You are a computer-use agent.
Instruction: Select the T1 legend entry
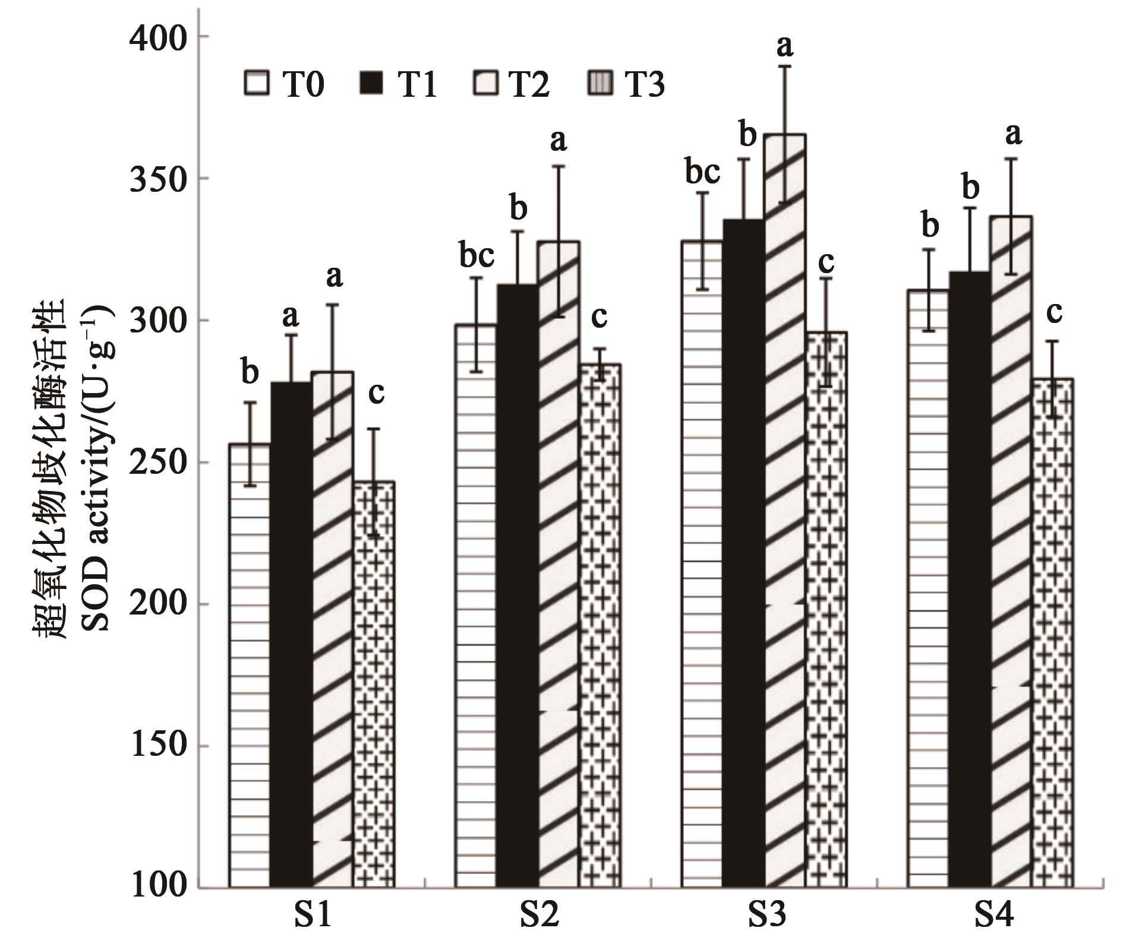(x=398, y=84)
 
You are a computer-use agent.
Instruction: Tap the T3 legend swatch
(x=600, y=83)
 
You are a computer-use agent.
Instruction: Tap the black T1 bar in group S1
(x=291, y=635)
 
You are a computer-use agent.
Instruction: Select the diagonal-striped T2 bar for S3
(x=785, y=511)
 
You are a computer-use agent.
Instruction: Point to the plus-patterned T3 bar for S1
(x=374, y=683)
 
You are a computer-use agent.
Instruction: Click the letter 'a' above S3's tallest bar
(x=785, y=46)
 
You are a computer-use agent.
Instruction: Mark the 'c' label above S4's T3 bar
(x=1054, y=313)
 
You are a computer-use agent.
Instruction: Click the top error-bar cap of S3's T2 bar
(x=785, y=66)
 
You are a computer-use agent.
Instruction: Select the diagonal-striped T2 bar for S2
(x=559, y=564)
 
